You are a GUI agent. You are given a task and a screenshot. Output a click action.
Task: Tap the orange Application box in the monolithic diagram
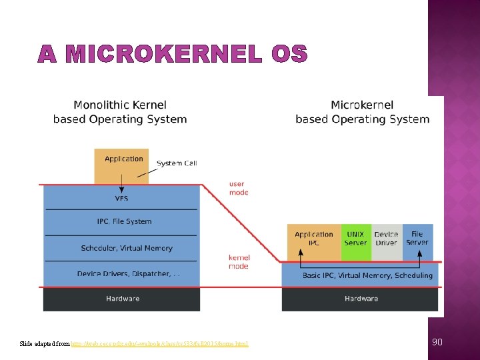tap(121, 165)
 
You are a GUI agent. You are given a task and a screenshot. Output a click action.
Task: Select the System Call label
tap(177, 163)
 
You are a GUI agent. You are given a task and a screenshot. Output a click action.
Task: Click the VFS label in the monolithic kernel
tap(122, 198)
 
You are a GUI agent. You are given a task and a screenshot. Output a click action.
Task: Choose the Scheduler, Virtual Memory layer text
tap(127, 248)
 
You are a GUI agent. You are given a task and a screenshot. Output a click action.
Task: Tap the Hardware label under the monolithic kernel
tap(123, 299)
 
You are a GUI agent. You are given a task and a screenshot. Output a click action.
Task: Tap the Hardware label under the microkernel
tap(361, 299)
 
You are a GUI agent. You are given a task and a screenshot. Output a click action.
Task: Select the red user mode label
tap(238, 188)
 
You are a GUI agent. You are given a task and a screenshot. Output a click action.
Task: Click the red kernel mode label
tap(239, 261)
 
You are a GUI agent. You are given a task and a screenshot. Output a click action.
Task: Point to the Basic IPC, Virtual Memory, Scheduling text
tap(367, 275)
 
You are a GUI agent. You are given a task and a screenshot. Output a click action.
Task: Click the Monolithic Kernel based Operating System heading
tap(120, 112)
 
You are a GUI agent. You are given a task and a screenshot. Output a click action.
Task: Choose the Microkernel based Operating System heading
tap(362, 112)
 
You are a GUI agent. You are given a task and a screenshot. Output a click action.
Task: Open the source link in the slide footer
tap(160, 344)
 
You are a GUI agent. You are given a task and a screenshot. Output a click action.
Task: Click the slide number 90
tap(437, 342)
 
